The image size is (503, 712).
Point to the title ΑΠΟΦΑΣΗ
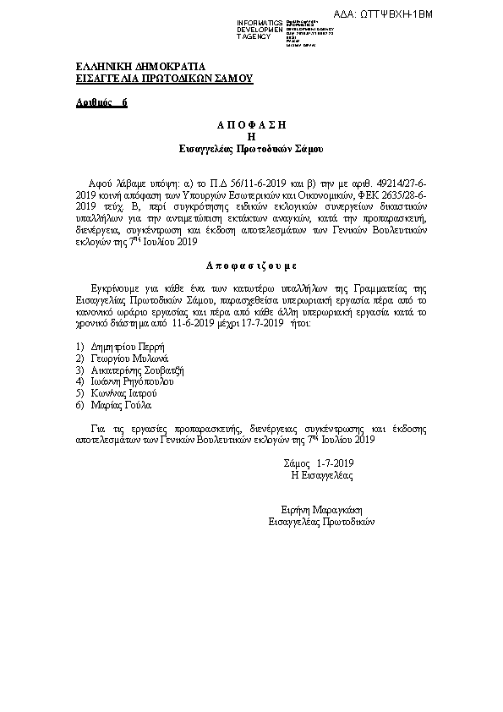click(251, 124)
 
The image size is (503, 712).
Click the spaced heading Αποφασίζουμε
click(251, 265)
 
